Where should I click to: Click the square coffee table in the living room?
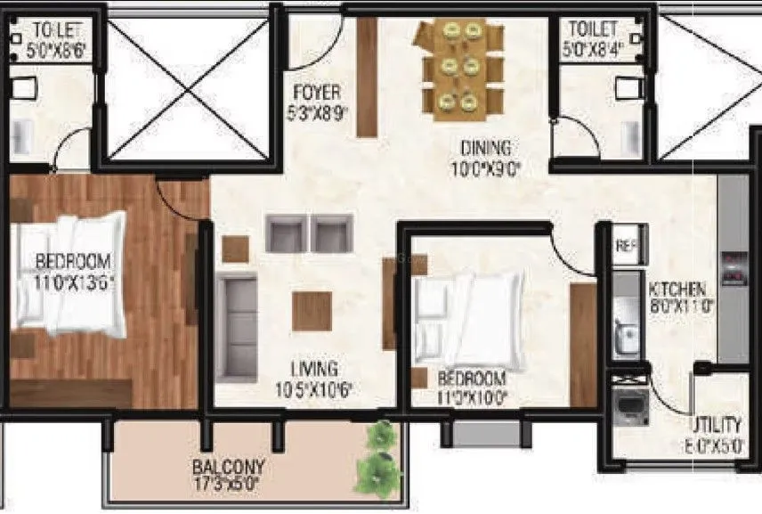(x=312, y=310)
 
